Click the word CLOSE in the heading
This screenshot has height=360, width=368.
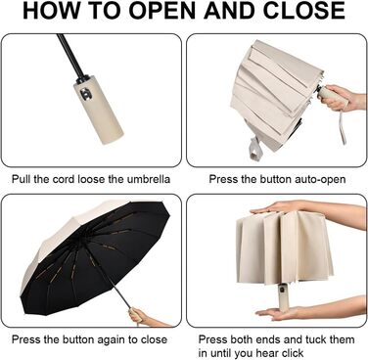[x=304, y=11]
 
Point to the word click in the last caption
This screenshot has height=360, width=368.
[x=292, y=353]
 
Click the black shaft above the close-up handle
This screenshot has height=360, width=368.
[x=71, y=57]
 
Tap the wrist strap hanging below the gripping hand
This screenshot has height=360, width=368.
[x=343, y=126]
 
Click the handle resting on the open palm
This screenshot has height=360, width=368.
[x=283, y=296]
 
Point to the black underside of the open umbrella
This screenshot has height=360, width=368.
[x=98, y=257]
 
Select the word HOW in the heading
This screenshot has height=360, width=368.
[x=45, y=11]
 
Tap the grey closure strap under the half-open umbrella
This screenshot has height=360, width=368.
[x=255, y=150]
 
